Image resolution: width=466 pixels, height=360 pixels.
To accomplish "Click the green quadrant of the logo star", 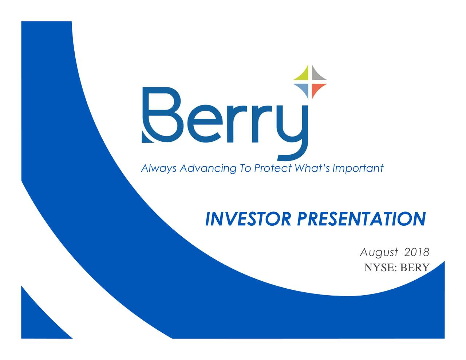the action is (304, 75).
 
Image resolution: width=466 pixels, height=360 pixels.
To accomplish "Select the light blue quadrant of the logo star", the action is (304, 89).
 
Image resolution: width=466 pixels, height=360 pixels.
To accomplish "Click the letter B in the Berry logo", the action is (162, 115).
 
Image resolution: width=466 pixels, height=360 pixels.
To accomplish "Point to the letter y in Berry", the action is (292, 133).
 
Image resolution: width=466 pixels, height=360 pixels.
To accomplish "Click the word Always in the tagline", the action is (159, 169).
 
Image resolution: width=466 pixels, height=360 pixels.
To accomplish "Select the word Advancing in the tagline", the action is (208, 169).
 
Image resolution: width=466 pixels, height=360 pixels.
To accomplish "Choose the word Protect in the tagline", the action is (273, 168).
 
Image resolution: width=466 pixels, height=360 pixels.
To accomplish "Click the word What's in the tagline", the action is (312, 168).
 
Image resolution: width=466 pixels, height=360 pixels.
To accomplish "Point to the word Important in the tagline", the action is (358, 169).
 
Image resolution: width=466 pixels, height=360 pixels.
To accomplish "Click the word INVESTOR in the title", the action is (248, 219).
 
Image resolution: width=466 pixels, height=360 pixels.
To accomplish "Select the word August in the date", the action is (379, 253).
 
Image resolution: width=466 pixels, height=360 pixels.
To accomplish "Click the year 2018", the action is (417, 252).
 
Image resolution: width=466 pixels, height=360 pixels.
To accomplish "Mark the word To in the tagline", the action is (245, 168).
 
